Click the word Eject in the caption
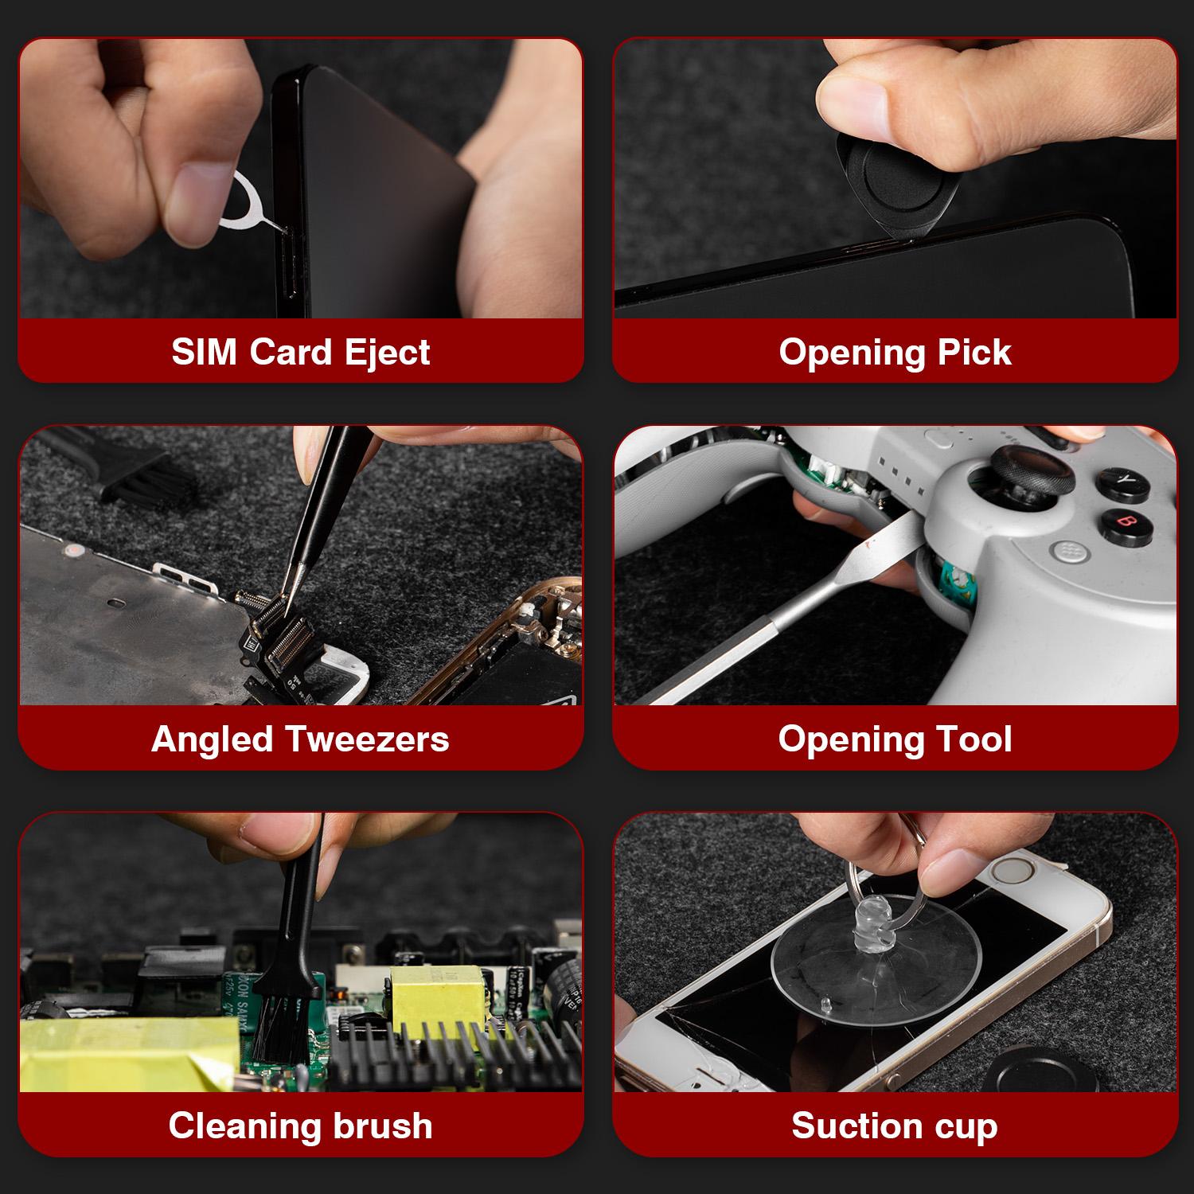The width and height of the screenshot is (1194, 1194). pyautogui.click(x=388, y=352)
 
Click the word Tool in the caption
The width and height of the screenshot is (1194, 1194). pyautogui.click(x=975, y=739)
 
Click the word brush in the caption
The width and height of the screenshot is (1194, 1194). pyautogui.click(x=377, y=1126)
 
